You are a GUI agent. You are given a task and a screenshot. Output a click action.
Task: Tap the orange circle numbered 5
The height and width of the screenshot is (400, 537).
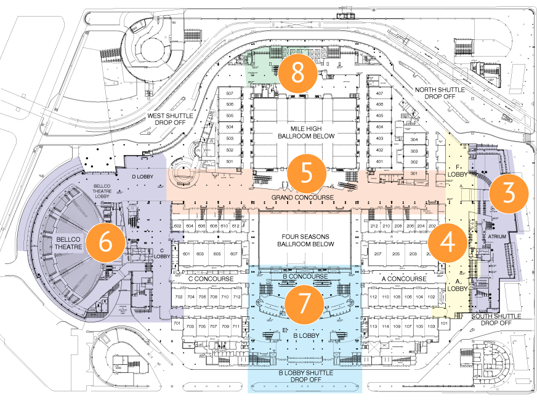click(307, 173)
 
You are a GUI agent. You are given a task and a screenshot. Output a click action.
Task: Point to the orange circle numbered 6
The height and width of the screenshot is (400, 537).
click(105, 242)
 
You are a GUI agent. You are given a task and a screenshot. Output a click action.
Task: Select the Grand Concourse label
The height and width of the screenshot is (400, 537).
click(302, 197)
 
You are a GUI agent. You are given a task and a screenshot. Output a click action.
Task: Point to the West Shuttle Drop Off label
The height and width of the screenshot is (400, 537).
click(170, 119)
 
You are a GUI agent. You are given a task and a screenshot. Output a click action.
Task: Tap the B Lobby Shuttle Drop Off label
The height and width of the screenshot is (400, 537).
click(306, 376)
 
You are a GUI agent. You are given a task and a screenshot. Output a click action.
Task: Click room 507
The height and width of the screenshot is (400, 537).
click(231, 94)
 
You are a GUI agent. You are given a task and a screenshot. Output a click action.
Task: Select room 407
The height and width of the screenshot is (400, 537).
click(379, 94)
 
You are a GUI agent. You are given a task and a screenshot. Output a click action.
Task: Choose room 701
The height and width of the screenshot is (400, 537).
click(177, 324)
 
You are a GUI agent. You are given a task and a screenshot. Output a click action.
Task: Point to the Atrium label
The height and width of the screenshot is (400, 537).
click(496, 236)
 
